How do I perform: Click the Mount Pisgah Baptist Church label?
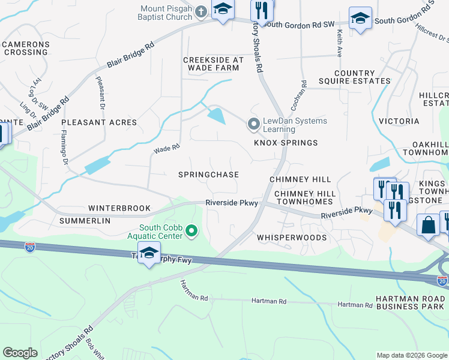(x=166, y=13)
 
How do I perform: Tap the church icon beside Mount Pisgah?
(x=201, y=11)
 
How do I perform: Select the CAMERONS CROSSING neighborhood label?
(x=26, y=49)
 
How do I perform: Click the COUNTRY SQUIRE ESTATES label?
(x=363, y=77)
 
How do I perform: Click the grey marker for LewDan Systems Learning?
(x=253, y=125)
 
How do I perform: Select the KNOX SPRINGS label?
(x=285, y=143)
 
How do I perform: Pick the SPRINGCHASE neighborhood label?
(x=208, y=175)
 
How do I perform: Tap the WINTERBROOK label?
(x=119, y=208)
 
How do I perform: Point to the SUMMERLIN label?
(x=85, y=221)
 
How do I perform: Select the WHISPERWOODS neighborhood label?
(x=292, y=238)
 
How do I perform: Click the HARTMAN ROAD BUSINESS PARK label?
(x=411, y=303)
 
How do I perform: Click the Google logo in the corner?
(x=20, y=353)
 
